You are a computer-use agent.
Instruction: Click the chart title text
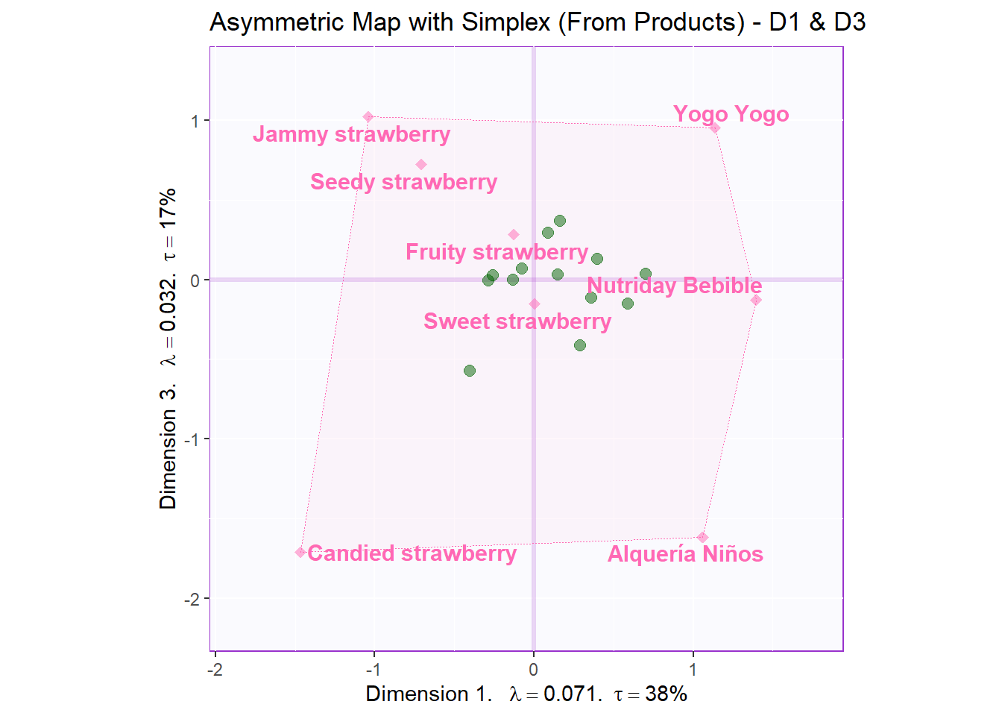point(537,22)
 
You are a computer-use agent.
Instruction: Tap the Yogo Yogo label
point(731,114)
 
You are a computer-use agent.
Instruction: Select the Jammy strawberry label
point(351,134)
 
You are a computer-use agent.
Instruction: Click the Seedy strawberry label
point(403,182)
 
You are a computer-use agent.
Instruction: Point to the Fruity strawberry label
point(497,252)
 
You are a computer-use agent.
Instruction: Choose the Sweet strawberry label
point(517,321)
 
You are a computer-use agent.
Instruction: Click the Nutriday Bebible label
point(674,286)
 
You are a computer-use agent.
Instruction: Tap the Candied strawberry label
point(412,553)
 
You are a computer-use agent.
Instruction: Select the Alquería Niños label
point(685,554)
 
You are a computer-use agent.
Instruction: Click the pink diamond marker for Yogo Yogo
point(714,128)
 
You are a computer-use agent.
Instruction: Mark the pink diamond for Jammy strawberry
point(368,117)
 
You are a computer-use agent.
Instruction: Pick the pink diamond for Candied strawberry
point(300,552)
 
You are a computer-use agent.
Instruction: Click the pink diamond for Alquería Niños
point(702,538)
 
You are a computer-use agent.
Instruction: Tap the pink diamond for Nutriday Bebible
point(756,300)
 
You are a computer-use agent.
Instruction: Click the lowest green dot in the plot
point(470,371)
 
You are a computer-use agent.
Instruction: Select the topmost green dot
point(560,221)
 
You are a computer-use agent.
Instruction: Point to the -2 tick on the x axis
point(215,670)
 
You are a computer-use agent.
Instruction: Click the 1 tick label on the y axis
point(195,121)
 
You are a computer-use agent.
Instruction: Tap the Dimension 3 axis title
point(168,348)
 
